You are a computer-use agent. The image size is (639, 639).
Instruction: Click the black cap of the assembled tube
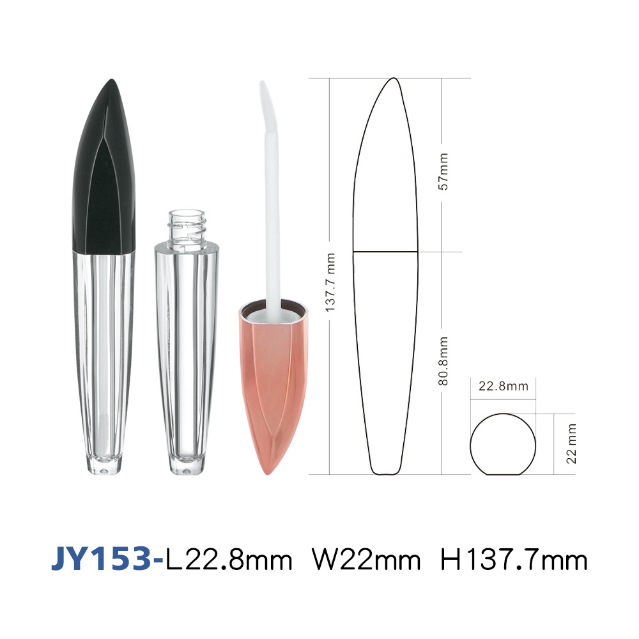tap(104, 171)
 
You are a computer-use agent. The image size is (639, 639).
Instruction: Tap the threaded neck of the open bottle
tap(187, 226)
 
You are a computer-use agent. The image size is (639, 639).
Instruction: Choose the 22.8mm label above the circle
tap(504, 386)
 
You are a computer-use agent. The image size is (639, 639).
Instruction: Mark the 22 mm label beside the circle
tap(571, 444)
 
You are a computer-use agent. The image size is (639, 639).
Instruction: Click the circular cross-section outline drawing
tap(470, 444)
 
